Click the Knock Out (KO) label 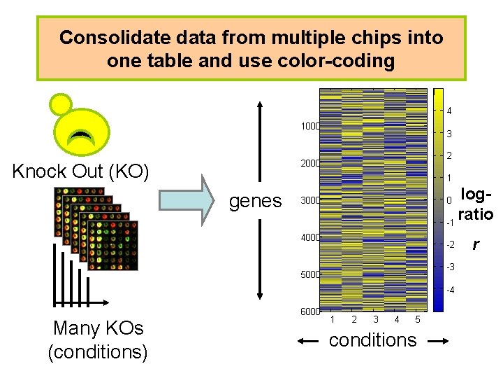click(x=81, y=171)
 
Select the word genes click(x=256, y=201)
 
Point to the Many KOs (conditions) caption click(x=98, y=339)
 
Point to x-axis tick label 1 click(x=333, y=320)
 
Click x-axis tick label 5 click(x=417, y=320)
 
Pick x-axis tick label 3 click(x=375, y=320)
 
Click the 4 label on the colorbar click(x=449, y=111)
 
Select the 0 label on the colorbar click(x=449, y=201)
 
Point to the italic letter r click(x=476, y=244)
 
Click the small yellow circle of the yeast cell click(x=61, y=104)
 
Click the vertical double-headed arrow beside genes click(x=260, y=201)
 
